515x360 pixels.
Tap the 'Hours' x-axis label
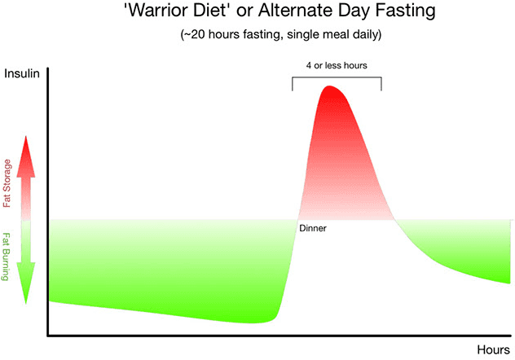(x=494, y=349)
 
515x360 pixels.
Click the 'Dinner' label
(x=313, y=228)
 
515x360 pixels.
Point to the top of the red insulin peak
(x=330, y=86)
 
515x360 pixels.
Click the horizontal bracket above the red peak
(x=336, y=78)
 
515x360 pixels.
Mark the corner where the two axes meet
(x=48, y=334)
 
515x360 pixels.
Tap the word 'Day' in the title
(x=338, y=13)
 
